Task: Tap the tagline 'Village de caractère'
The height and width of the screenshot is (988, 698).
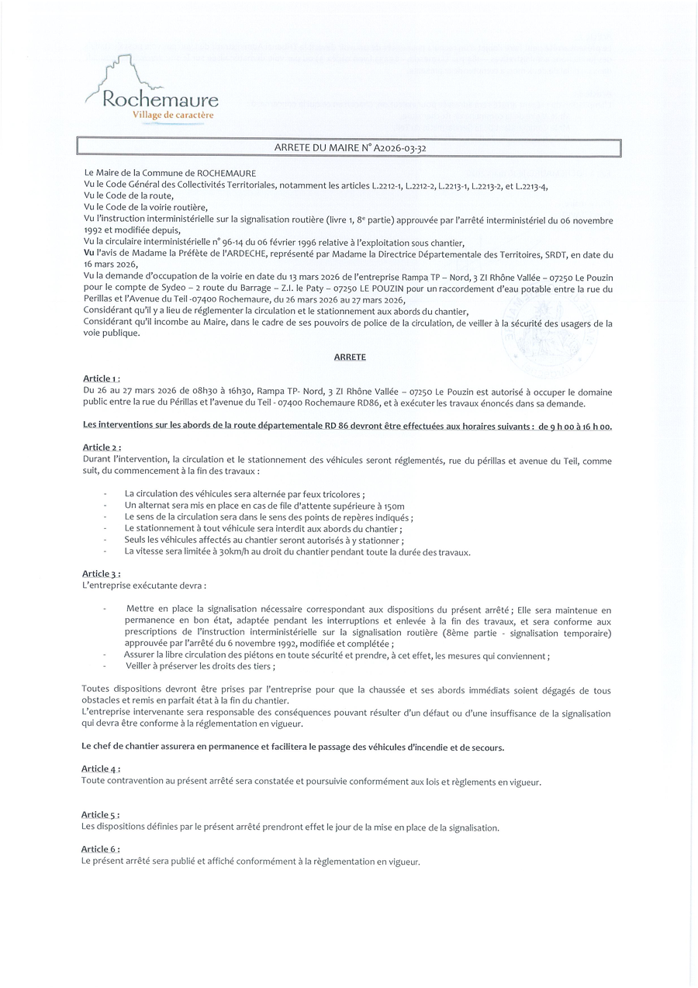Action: (172, 116)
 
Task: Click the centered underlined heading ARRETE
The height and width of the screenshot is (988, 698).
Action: (350, 358)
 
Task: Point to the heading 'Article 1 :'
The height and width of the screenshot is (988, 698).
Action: (102, 378)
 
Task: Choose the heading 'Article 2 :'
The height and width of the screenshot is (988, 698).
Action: (102, 447)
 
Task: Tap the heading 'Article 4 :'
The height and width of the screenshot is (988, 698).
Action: (101, 769)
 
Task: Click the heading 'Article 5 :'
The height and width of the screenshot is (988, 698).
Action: (101, 815)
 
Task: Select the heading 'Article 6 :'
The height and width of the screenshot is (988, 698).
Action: (101, 849)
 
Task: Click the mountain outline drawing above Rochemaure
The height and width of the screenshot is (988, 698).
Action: (123, 74)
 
